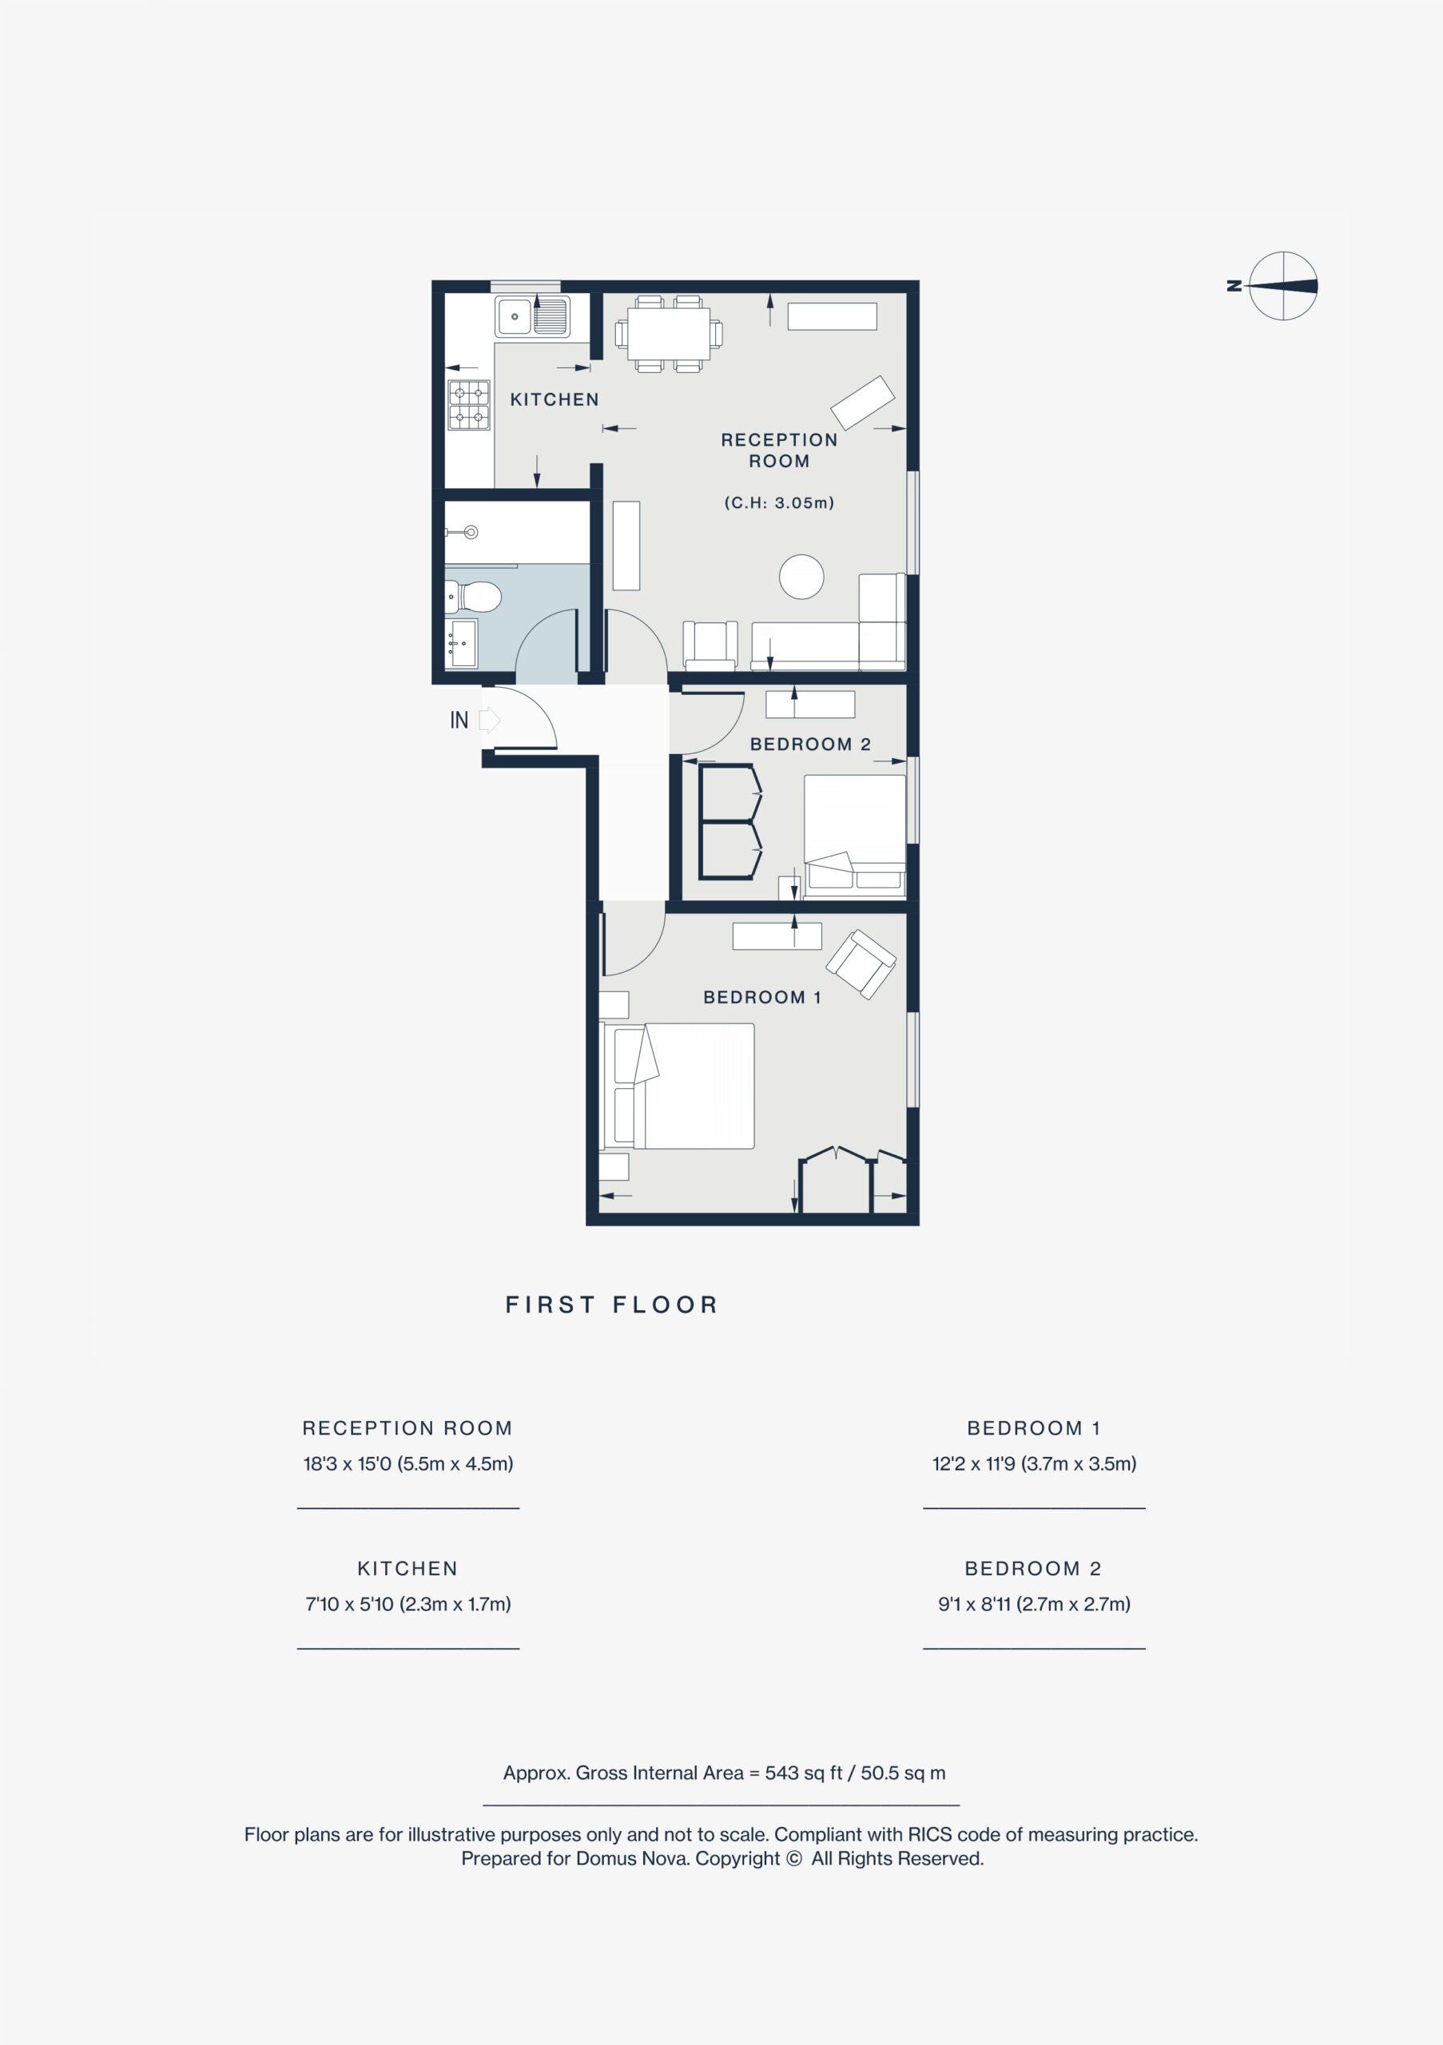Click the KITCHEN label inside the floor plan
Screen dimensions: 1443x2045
(554, 400)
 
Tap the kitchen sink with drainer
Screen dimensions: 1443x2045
(533, 316)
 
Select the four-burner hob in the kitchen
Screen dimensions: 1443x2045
(468, 405)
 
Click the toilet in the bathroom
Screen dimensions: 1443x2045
(473, 597)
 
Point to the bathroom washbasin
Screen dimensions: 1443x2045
(461, 643)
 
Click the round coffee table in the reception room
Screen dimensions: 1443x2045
(801, 578)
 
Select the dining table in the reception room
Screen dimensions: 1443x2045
(668, 334)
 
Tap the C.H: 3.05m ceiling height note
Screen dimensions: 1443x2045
(778, 503)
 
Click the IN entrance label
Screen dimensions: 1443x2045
(459, 720)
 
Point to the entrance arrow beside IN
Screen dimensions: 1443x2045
(490, 720)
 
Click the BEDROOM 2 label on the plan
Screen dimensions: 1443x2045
(809, 745)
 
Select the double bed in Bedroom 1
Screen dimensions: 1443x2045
(678, 1086)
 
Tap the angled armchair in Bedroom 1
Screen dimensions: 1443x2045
(861, 963)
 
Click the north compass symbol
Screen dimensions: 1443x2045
(1282, 286)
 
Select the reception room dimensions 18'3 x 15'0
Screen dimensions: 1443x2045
(408, 1463)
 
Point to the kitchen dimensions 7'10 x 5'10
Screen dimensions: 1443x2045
(408, 1604)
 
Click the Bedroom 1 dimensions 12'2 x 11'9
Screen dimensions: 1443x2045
(1034, 1463)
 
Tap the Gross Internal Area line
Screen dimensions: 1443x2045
(724, 1773)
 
